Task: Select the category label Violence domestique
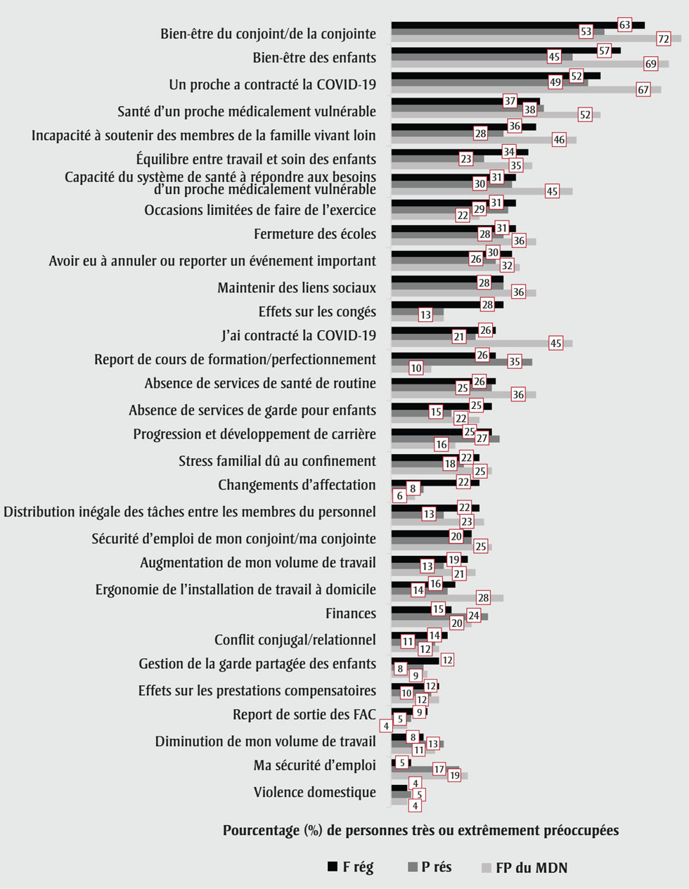[x=314, y=792]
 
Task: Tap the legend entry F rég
[x=351, y=867]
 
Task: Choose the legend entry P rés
[x=430, y=867]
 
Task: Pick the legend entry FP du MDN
[x=523, y=867]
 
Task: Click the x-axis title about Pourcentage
[x=420, y=831]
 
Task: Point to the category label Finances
[x=350, y=614]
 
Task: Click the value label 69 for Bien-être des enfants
[x=651, y=64]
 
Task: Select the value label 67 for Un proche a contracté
[x=643, y=89]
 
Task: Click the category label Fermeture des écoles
[x=314, y=234]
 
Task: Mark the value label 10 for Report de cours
[x=416, y=368]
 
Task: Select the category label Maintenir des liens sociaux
[x=296, y=287]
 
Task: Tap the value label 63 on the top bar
[x=624, y=25]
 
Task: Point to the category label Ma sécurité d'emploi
[x=314, y=765]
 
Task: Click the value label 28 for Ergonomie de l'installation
[x=483, y=597]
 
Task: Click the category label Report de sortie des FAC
[x=304, y=715]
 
